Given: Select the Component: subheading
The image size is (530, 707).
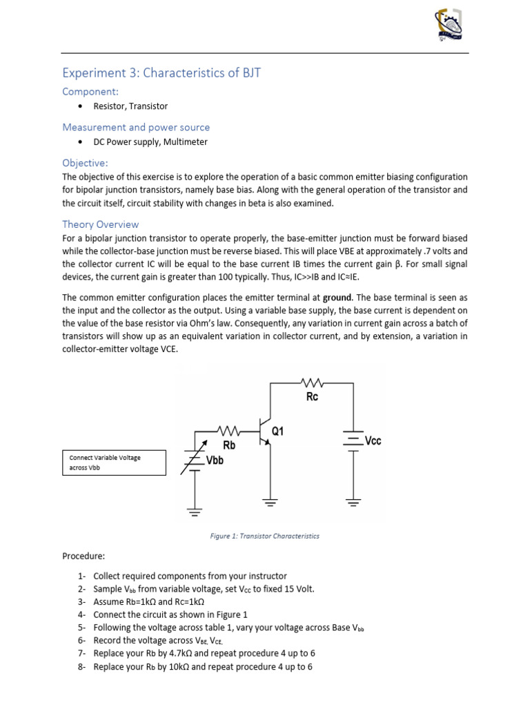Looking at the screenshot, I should click(90, 91).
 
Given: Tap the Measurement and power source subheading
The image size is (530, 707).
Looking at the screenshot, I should click(136, 127).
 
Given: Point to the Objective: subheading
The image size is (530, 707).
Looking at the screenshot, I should click(85, 163).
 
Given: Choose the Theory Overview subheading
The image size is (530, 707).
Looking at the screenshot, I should click(101, 224).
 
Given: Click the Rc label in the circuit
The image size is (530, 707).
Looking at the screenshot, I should click(312, 397).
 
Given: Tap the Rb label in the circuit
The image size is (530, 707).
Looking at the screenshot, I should click(228, 445).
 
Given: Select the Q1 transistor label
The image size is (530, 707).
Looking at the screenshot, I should click(278, 431).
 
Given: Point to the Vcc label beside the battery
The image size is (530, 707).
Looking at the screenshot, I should click(373, 440).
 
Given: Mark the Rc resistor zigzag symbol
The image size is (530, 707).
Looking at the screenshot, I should click(313, 381).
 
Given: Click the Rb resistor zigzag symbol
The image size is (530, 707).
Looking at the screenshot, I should click(228, 430).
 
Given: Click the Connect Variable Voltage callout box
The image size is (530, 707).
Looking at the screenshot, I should click(114, 463).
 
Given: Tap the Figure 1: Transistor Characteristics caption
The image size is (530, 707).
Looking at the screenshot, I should click(265, 536).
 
